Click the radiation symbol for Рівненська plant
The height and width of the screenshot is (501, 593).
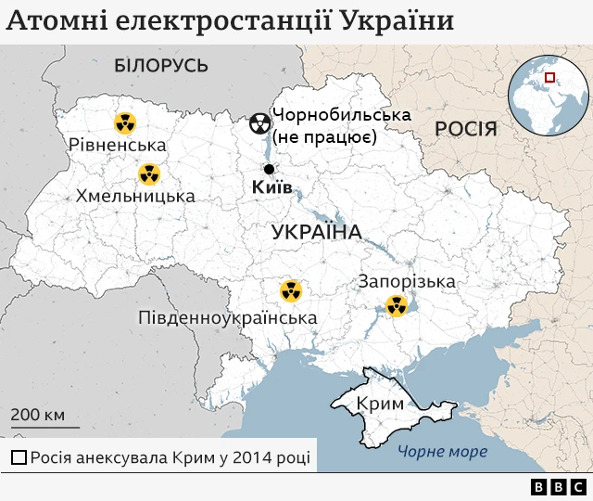tap(124, 122)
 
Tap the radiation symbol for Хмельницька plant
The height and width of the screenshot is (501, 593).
tap(148, 173)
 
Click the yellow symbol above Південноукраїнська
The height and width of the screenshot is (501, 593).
tap(291, 291)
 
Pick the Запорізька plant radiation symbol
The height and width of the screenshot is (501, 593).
tap(397, 304)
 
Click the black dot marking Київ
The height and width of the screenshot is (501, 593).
tap(269, 169)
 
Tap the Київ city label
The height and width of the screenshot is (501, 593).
tap(271, 188)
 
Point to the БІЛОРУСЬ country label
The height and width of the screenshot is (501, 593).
tap(160, 65)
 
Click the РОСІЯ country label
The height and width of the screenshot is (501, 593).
tap(466, 128)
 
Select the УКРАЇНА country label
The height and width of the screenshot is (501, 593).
tap(316, 232)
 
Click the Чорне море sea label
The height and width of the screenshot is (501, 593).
tap(442, 452)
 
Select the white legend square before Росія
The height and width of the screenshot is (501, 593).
tap(19, 457)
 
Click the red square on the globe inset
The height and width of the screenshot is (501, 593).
tap(549, 79)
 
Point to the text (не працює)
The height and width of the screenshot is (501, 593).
tap(322, 138)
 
